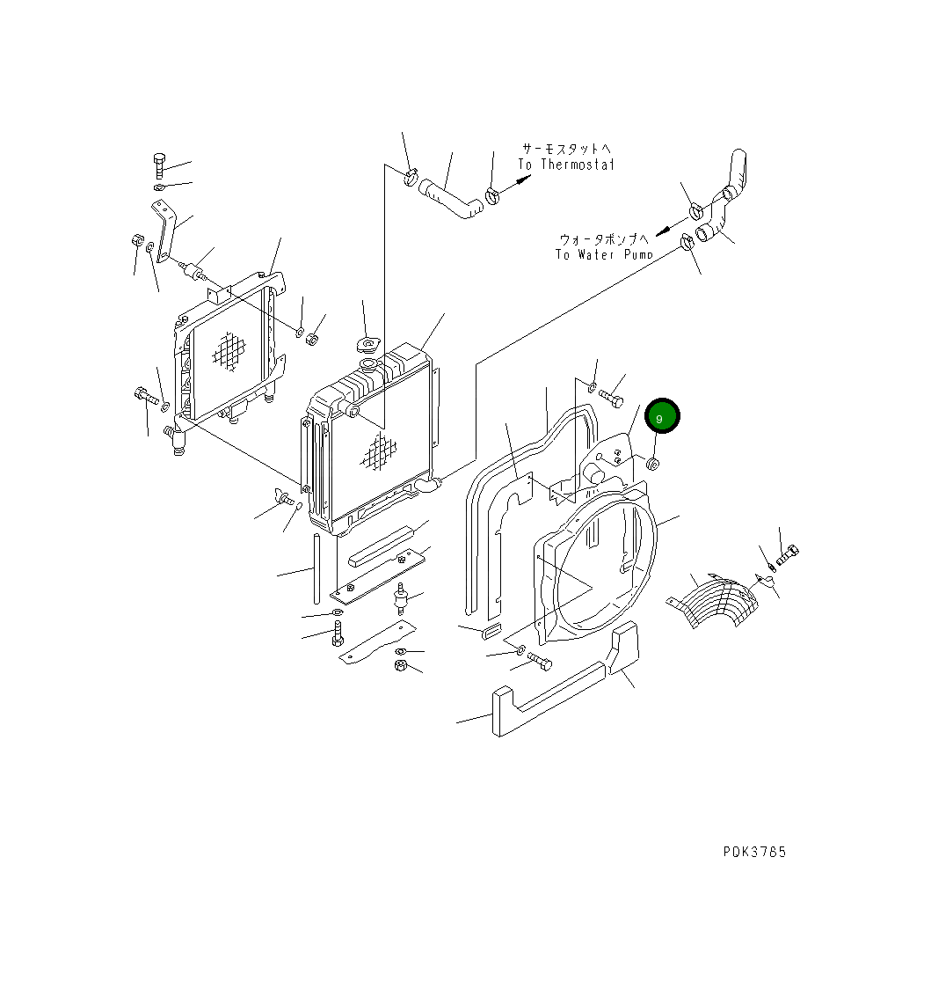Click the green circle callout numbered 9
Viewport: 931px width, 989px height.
click(x=662, y=416)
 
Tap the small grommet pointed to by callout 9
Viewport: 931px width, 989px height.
click(x=653, y=463)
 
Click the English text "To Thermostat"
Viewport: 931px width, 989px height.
click(x=565, y=165)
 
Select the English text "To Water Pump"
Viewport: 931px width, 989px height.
click(x=604, y=254)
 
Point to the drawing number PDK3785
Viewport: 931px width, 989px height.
click(x=754, y=852)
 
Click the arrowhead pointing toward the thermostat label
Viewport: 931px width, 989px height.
click(x=523, y=181)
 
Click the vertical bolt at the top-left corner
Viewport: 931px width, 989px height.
click(x=159, y=166)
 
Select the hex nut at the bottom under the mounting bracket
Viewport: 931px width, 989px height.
click(x=400, y=666)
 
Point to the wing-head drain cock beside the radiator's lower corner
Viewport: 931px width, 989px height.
click(x=286, y=498)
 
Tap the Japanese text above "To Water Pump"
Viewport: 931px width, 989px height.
click(x=604, y=238)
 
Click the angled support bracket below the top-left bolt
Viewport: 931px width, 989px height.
click(x=168, y=230)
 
